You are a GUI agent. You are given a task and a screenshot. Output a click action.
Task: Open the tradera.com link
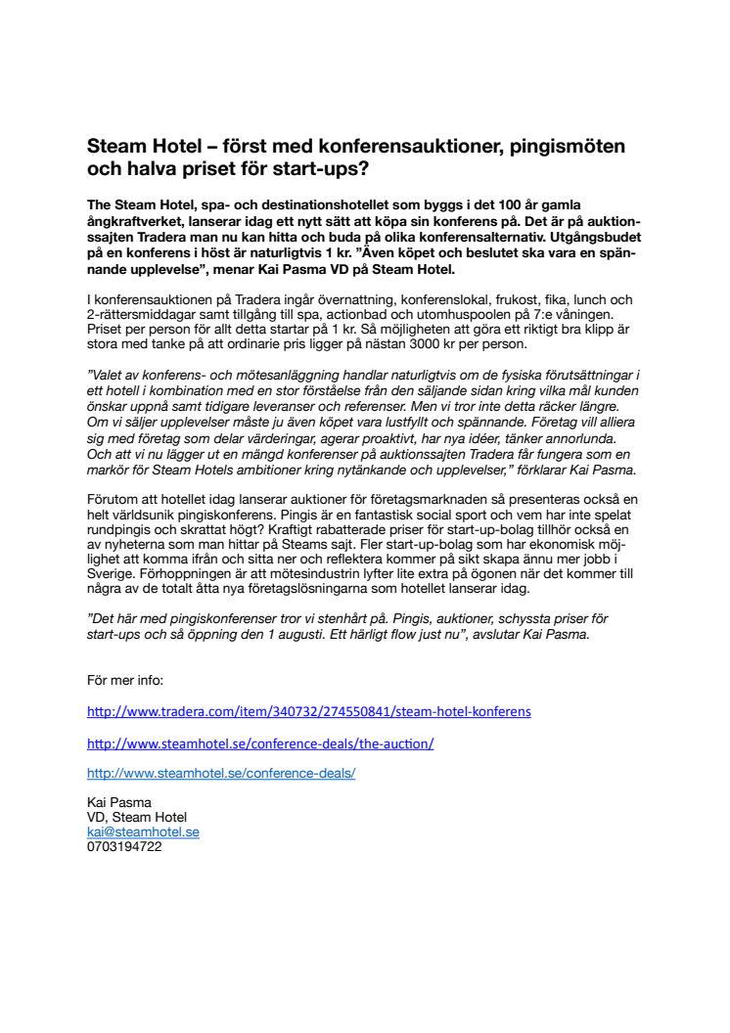click(x=309, y=711)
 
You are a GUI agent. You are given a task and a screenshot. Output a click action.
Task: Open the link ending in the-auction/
click(x=260, y=743)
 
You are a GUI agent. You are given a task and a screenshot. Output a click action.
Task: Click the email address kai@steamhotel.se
click(x=143, y=831)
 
